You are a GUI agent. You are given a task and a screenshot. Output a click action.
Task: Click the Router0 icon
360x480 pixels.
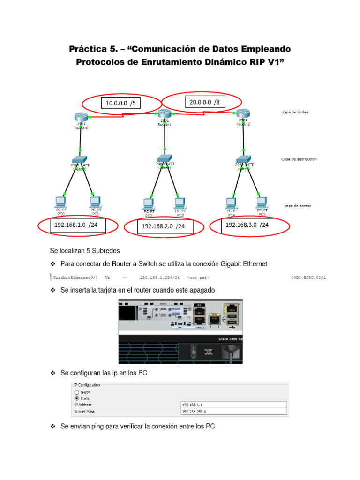coord(81,117)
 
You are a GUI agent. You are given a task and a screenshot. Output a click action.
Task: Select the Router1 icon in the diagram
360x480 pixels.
coord(164,113)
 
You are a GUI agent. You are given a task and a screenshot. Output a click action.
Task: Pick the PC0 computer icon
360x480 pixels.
coord(60,202)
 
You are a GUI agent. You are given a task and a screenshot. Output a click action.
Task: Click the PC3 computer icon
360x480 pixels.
coord(180,203)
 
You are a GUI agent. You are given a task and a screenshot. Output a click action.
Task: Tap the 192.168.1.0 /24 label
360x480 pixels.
coord(76,225)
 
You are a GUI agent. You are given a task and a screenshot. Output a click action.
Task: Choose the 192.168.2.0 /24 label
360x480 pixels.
coord(163,226)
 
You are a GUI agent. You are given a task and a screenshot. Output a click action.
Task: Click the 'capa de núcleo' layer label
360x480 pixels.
coord(296,112)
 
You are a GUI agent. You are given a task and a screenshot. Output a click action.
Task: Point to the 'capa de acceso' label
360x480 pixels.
coord(297,206)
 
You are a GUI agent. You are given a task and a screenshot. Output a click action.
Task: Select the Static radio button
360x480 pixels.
coord(76,397)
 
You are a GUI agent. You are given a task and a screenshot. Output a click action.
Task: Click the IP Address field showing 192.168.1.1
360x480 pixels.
coord(233,405)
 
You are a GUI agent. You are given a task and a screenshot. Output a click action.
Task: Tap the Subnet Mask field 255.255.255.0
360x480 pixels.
coord(233,412)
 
